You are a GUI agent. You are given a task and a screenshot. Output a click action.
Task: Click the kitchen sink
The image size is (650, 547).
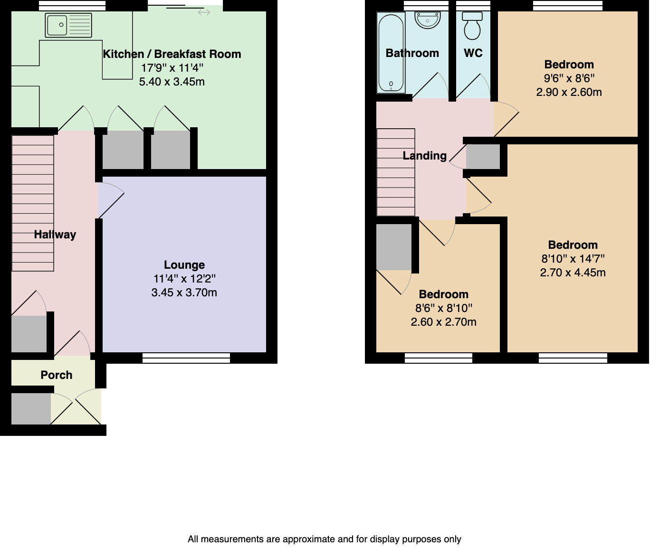coord(68,25)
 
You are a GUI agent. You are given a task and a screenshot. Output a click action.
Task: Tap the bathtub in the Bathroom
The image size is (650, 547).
coord(391,52)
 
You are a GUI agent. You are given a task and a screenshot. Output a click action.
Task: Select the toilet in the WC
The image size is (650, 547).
coord(472,26)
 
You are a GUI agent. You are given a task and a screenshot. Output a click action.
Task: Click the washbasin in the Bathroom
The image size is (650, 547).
coord(428,20)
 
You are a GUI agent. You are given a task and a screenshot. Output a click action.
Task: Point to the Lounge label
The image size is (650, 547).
coord(184,265)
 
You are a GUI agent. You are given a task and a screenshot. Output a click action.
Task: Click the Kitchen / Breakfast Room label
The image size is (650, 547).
coord(172,54)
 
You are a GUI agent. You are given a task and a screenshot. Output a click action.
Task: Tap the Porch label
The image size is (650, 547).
coord(57,375)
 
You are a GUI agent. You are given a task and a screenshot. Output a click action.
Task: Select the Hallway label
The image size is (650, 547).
coord(55,235)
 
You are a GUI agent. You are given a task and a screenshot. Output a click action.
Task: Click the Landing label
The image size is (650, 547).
coord(424,156)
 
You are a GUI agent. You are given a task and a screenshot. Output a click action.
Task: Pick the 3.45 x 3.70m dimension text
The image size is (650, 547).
coord(184,292)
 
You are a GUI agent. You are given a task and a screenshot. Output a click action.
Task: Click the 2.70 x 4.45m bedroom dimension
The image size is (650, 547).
coord(573,273)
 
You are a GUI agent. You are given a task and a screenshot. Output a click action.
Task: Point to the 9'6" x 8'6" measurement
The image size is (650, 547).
coord(569,78)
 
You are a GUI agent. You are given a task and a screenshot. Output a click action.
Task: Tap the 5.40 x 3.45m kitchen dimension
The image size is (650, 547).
coord(172,82)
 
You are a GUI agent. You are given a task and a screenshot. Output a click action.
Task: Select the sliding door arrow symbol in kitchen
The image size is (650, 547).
coord(204,12)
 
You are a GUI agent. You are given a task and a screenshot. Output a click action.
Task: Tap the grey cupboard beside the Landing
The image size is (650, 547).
coord(483,157)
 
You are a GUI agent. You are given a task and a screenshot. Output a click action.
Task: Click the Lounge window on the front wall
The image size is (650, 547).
coord(186,358)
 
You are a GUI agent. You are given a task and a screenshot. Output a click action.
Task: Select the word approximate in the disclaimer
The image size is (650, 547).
coord(311,539)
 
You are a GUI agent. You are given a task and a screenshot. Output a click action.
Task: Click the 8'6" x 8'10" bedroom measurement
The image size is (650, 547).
coord(443,308)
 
